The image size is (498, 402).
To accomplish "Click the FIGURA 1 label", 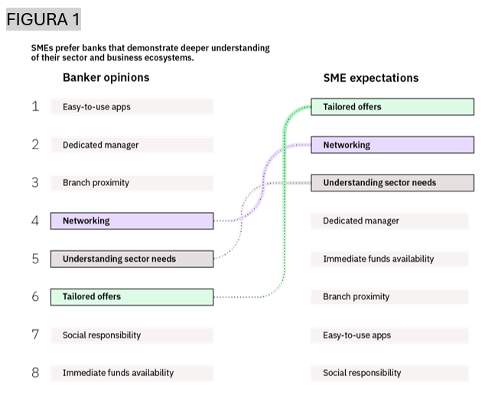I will pos(43,18).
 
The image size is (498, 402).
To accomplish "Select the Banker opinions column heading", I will pos(106,77).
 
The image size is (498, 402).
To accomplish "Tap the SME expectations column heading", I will pos(371,77).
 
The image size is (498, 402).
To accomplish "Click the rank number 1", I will pos(35,106).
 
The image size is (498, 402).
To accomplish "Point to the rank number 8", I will pos(35,373).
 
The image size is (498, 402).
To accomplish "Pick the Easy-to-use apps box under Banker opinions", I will pos(132,106).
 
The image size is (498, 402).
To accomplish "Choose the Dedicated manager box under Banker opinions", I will pos(132,145).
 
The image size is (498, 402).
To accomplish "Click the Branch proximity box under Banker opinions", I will pos(132,183).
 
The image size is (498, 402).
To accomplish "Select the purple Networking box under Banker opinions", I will pos(132,221).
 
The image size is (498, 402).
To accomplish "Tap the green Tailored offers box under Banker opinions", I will pos(132,296).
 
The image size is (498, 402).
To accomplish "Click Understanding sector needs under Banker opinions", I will pos(132,259).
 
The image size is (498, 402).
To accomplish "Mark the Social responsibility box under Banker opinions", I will pos(132,335).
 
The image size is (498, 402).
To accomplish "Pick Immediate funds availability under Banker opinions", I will pos(132,373).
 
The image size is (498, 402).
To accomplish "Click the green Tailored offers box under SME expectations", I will pos(392,106).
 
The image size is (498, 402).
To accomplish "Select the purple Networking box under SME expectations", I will pos(392,145).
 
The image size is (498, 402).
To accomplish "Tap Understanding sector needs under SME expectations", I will pos(392,183).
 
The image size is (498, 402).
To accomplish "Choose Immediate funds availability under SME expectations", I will pos(389,259).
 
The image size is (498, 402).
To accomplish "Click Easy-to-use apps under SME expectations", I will pos(389,335).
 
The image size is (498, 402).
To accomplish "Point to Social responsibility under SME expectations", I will pos(389,373).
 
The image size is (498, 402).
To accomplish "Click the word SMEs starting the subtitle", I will pos(43,48).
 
